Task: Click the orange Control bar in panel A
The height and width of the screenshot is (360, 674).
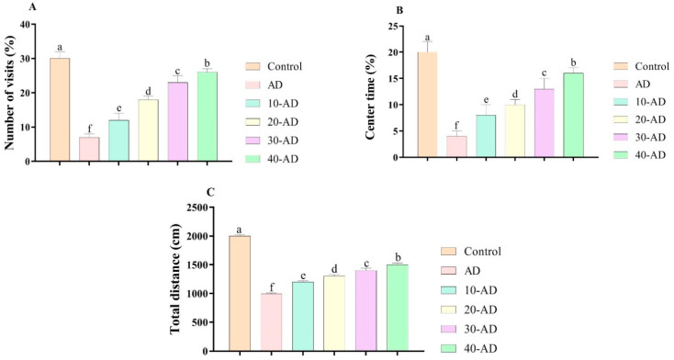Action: (x=60, y=109)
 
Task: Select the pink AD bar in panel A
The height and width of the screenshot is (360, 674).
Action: (x=89, y=150)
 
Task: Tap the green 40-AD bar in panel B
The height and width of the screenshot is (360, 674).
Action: (x=573, y=115)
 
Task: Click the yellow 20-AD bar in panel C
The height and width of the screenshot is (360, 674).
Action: (x=334, y=313)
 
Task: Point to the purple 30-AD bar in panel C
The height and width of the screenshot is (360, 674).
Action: (x=365, y=310)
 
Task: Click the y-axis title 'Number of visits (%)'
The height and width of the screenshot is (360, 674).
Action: (x=10, y=93)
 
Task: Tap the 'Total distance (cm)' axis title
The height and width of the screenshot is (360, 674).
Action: (x=175, y=279)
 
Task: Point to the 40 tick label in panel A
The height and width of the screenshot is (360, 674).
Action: (x=28, y=25)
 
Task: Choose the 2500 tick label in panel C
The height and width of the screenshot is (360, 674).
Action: (x=196, y=208)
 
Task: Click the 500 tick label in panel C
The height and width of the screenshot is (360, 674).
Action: (x=199, y=322)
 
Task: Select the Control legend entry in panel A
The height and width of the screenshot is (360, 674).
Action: (x=274, y=67)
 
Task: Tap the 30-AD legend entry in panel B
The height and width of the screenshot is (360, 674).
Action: (x=640, y=137)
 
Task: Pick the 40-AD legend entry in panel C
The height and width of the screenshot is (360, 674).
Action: (x=469, y=348)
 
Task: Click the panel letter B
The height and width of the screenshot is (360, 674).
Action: (x=399, y=10)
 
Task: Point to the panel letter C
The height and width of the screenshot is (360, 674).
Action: (x=210, y=192)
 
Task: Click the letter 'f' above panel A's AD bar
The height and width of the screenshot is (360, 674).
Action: (x=89, y=129)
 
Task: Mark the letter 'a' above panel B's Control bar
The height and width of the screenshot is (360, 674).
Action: (x=427, y=37)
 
